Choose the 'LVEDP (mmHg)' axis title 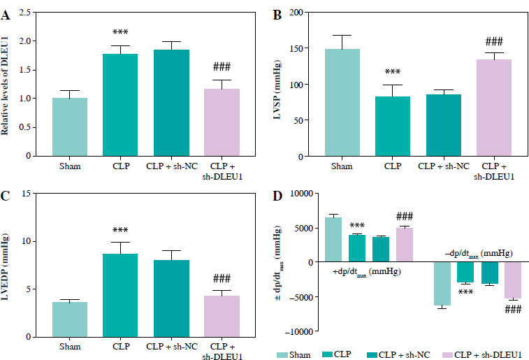click(x=8, y=264)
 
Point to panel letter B click(x=277, y=15)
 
